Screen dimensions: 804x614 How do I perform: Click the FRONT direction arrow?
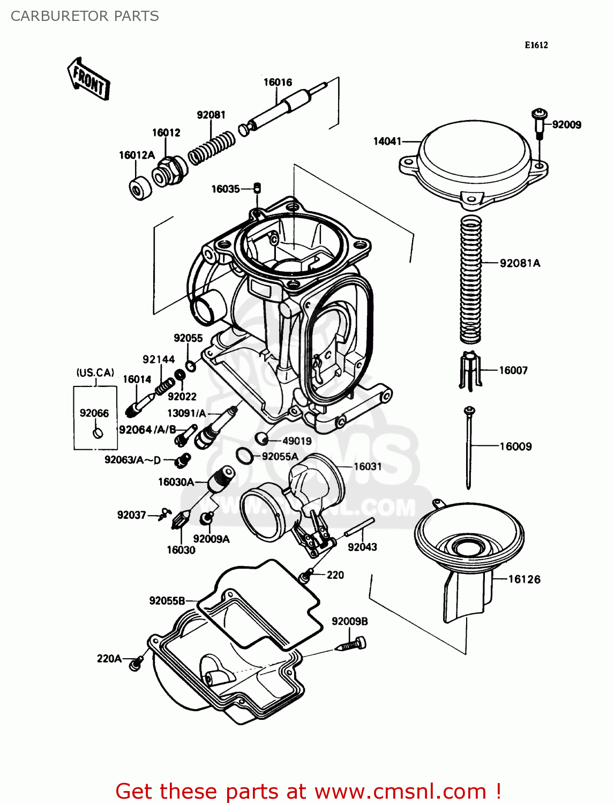click(x=89, y=79)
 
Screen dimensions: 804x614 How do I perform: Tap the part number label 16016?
click(x=278, y=82)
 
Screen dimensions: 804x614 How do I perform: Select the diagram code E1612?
click(x=536, y=45)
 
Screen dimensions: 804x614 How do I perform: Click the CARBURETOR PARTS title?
click(x=85, y=16)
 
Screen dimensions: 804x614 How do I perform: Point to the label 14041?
click(x=387, y=141)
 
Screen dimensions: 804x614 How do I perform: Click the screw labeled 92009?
click(x=539, y=122)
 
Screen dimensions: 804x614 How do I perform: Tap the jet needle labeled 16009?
click(x=469, y=448)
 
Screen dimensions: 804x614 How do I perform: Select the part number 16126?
click(x=524, y=579)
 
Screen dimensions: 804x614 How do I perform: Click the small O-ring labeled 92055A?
click(x=244, y=456)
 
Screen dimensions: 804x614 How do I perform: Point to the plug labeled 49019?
click(x=261, y=439)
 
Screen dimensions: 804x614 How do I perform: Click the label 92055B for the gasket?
click(x=167, y=600)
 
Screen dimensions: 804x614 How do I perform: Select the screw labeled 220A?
click(x=135, y=664)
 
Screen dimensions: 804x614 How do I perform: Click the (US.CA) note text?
click(x=95, y=373)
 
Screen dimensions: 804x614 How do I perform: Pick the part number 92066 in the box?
click(x=94, y=413)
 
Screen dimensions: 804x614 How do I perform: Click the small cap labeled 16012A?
click(x=141, y=188)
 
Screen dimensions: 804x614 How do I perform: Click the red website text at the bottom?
click(x=308, y=791)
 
